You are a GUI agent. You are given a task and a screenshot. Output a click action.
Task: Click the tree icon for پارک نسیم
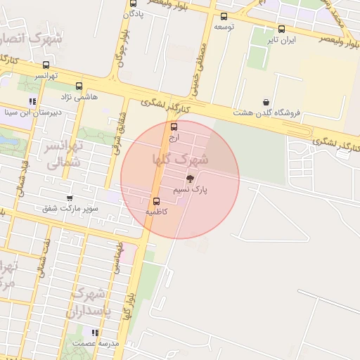pyautogui.click(x=190, y=179)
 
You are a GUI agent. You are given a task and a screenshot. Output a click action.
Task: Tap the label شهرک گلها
pyautogui.click(x=179, y=160)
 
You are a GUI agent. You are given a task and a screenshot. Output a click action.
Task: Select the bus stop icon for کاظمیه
pyautogui.click(x=156, y=202)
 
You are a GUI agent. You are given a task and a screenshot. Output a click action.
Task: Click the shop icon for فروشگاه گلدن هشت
pyautogui.click(x=265, y=102)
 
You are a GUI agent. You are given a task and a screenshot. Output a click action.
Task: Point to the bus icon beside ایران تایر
pyautogui.click(x=282, y=30)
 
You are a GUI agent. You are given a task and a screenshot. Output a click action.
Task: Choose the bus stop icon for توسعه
pyautogui.click(x=224, y=17)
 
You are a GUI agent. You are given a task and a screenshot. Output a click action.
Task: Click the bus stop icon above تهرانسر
pyautogui.click(x=46, y=65)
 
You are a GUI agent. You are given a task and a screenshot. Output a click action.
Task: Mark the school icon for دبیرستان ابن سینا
pyautogui.click(x=32, y=101)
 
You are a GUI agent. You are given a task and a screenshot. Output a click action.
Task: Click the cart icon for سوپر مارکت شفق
pyautogui.click(x=69, y=198)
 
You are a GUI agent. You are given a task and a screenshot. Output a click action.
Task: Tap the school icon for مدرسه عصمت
pyautogui.click(x=95, y=332)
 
